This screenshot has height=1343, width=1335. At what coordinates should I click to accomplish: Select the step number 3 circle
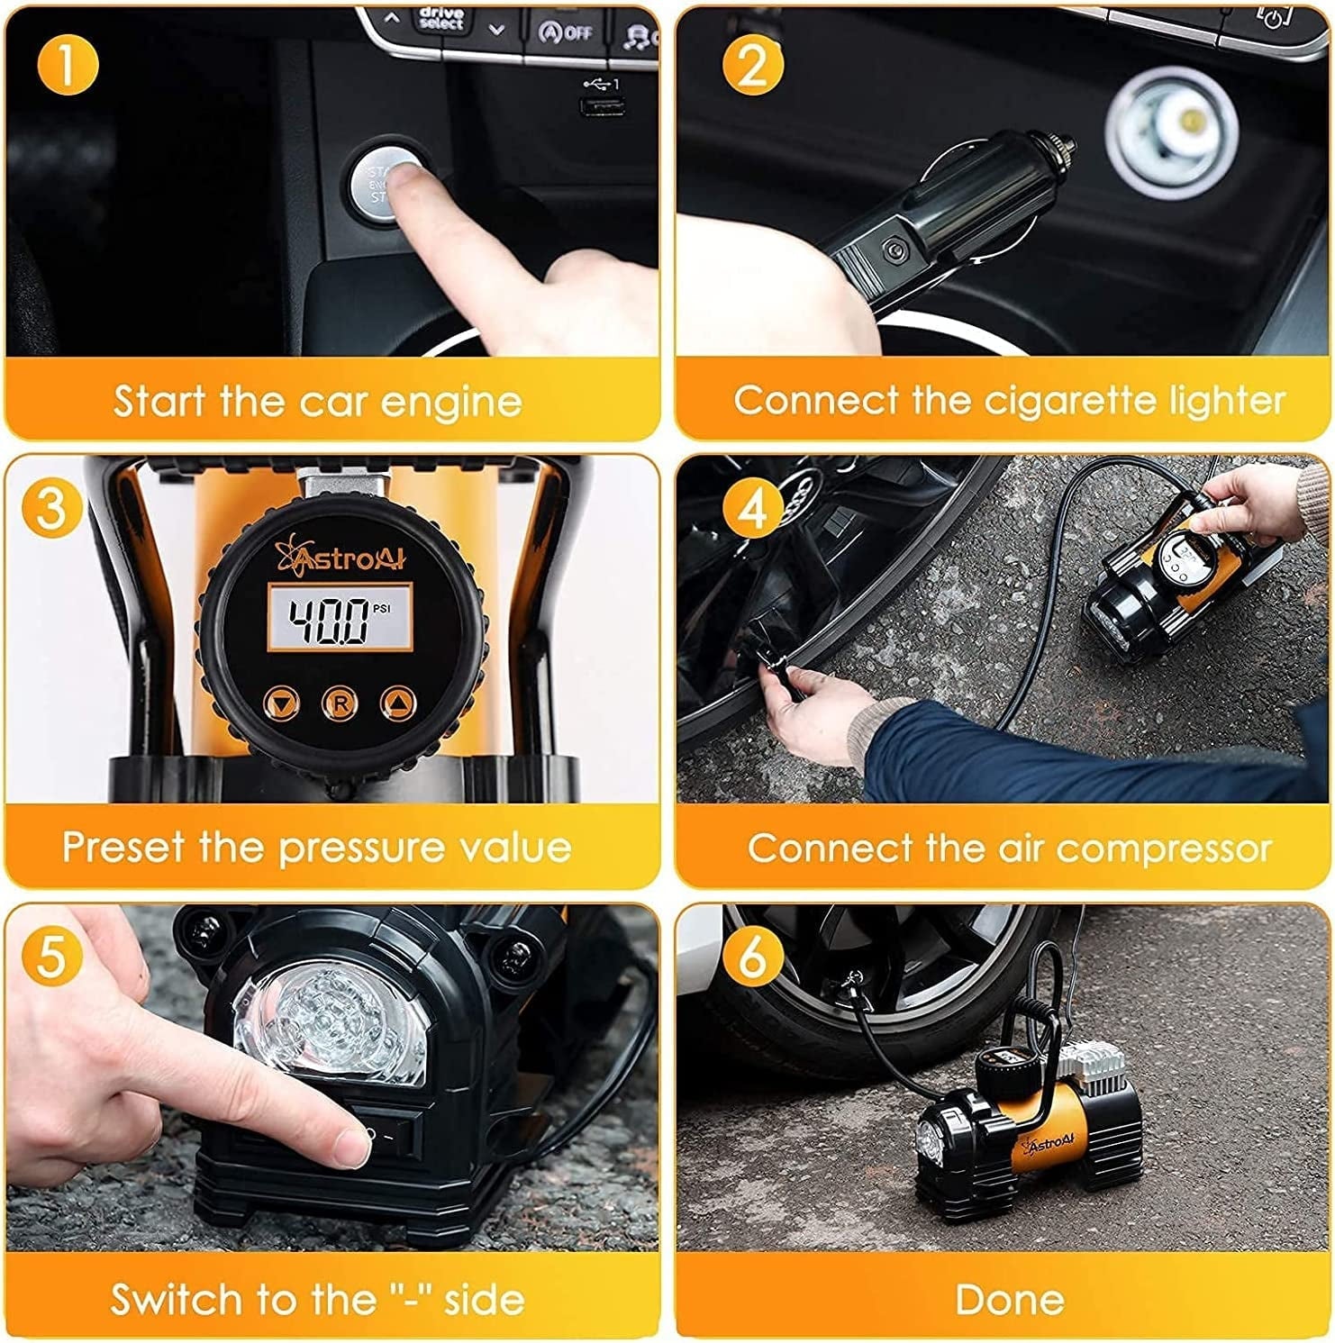tap(50, 507)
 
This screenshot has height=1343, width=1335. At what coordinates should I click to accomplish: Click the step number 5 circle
tap(50, 955)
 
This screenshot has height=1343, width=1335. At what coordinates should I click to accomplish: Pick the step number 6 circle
tap(753, 955)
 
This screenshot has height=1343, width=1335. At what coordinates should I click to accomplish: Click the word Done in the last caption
tap(1009, 1300)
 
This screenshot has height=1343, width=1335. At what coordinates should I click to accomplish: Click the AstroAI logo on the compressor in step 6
tap(1049, 1145)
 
